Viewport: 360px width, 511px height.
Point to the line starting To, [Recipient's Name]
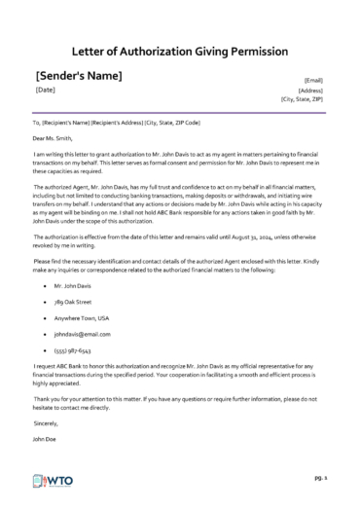117,123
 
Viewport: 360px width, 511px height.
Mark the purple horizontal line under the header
179,110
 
